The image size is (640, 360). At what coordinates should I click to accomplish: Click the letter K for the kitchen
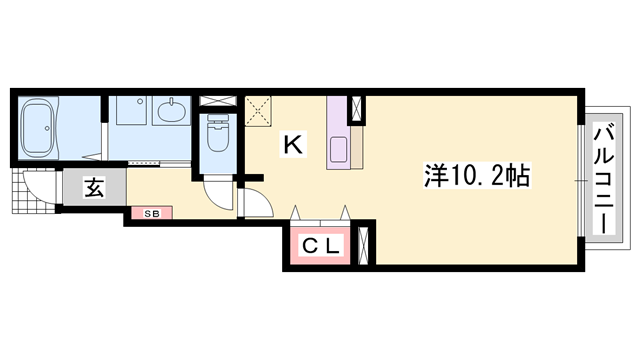(293, 145)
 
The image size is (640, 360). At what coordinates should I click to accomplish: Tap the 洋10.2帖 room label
(475, 175)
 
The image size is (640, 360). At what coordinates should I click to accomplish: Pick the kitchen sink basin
(337, 147)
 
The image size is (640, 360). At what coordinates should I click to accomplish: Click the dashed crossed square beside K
(258, 109)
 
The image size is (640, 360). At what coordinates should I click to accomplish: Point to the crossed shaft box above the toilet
(217, 102)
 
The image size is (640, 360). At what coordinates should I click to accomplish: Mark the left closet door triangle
(296, 212)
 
